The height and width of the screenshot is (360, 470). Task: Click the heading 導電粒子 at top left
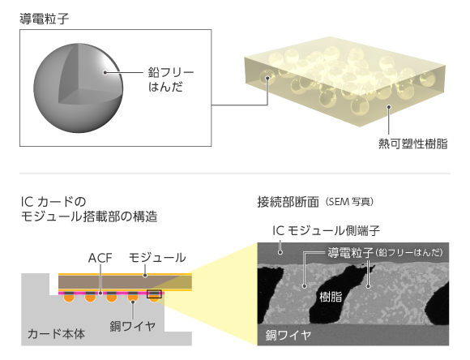45,19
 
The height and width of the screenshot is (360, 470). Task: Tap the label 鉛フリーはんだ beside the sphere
171,79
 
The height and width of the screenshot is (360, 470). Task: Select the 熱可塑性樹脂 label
413,144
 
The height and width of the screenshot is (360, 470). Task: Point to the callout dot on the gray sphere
105,72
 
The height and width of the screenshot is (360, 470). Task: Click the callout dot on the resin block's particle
267,78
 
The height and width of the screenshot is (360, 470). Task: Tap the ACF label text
100,258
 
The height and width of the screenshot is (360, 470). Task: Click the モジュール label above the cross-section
157,258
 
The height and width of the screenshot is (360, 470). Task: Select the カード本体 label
56,333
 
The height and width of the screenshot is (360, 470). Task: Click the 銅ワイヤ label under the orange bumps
132,326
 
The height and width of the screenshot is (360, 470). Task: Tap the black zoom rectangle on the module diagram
154,294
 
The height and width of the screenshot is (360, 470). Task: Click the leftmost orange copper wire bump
69,298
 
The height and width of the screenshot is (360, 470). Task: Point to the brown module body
125,282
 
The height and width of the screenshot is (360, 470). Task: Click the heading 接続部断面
288,202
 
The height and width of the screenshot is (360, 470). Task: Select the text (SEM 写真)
349,202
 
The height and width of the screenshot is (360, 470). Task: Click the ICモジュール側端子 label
326,230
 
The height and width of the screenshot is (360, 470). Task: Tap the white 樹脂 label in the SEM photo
331,297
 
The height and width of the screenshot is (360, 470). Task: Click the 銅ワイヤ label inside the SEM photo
288,335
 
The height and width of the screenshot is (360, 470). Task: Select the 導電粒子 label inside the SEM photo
350,253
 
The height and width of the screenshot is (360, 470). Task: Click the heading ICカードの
53,202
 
